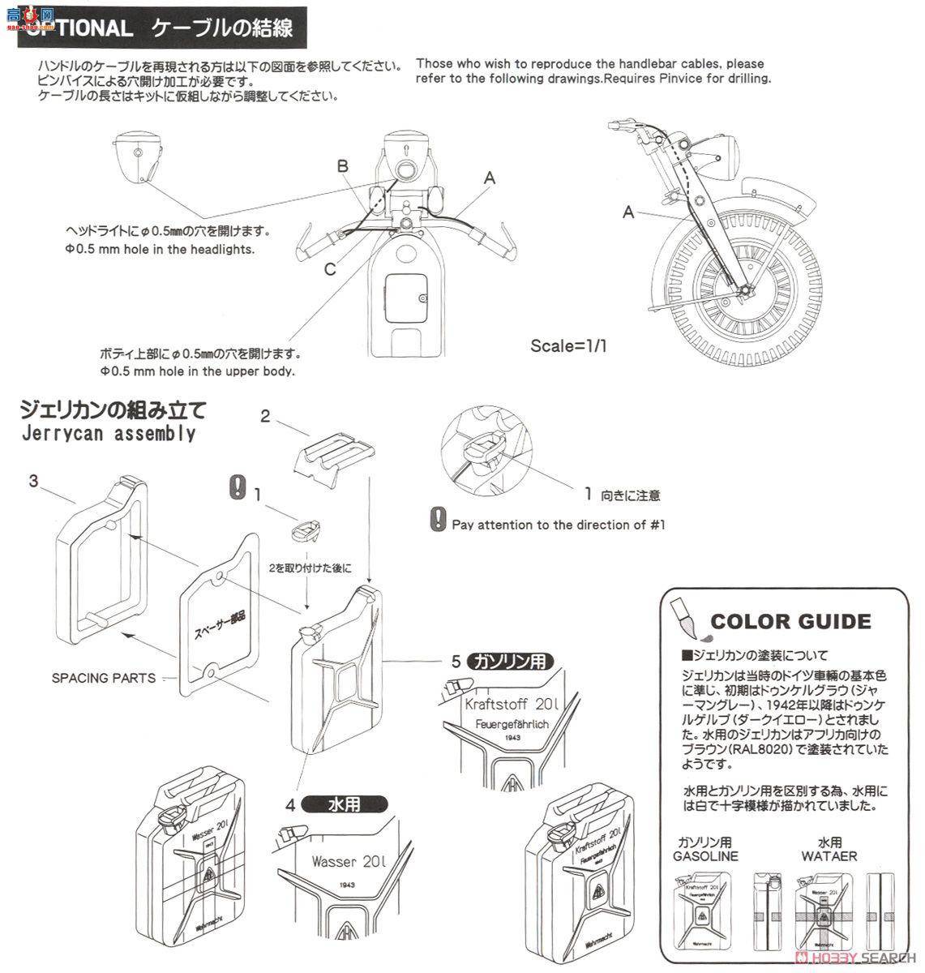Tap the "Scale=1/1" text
(568, 345)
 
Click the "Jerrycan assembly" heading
(107, 433)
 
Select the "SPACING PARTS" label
(104, 677)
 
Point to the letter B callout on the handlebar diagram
(343, 166)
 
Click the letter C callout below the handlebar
(330, 269)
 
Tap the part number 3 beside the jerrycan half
(33, 481)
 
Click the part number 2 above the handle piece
(265, 416)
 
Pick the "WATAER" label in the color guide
(829, 855)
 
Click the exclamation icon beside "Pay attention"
(439, 518)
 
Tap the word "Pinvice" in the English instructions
(681, 79)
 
